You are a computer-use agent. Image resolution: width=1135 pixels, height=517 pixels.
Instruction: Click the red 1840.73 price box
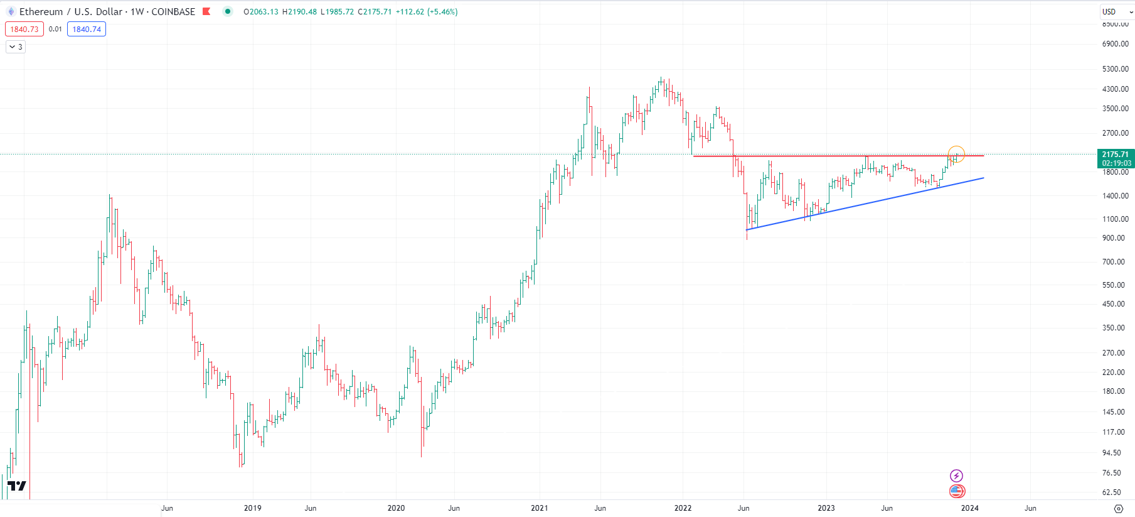pyautogui.click(x=24, y=30)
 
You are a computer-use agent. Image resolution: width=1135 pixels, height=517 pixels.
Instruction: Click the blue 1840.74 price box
pyautogui.click(x=87, y=30)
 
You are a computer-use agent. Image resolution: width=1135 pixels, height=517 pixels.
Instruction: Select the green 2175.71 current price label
pyautogui.click(x=1115, y=158)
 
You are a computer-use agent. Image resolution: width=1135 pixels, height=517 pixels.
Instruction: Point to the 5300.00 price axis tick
pyautogui.click(x=1115, y=69)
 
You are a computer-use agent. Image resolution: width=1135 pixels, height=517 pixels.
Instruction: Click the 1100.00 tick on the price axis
pyautogui.click(x=1115, y=219)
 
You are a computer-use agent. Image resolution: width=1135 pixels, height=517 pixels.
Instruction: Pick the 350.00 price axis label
pyautogui.click(x=1113, y=328)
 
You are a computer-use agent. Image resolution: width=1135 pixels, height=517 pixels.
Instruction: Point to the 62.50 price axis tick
pyautogui.click(x=1111, y=493)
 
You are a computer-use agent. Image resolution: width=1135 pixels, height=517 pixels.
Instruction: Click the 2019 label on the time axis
pyautogui.click(x=252, y=508)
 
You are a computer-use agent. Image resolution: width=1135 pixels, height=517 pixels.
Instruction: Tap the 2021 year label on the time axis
pyautogui.click(x=539, y=508)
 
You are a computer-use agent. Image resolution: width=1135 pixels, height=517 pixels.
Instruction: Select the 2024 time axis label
pyautogui.click(x=969, y=508)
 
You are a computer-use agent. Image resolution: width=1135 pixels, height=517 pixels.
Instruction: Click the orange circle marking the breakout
pyautogui.click(x=956, y=154)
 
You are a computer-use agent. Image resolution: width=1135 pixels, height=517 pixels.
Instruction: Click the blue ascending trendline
pyautogui.click(x=866, y=204)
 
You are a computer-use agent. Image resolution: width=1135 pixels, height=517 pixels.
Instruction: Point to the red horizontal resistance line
pyautogui.click(x=816, y=156)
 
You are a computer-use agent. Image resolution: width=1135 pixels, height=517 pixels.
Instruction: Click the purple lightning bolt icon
pyautogui.click(x=956, y=476)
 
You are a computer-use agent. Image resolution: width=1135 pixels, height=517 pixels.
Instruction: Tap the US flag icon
pyautogui.click(x=956, y=491)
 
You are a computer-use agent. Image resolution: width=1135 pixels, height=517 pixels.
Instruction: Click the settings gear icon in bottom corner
pyautogui.click(x=1118, y=508)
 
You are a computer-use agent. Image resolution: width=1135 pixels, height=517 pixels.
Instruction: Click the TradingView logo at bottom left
pyautogui.click(x=17, y=486)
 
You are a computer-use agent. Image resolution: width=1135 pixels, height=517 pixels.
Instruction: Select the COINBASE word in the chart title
pyautogui.click(x=173, y=12)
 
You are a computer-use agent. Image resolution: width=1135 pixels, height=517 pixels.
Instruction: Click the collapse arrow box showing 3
pyautogui.click(x=16, y=47)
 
